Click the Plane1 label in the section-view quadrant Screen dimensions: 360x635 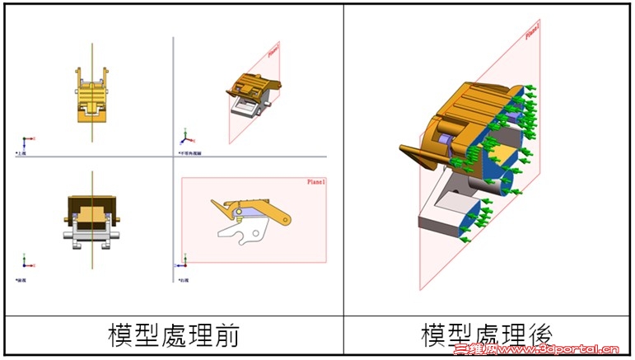tap(316, 182)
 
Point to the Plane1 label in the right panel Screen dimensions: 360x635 tap(531, 30)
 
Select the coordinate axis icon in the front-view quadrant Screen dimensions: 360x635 tap(26, 263)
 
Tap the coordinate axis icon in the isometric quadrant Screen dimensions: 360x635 tap(187, 136)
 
